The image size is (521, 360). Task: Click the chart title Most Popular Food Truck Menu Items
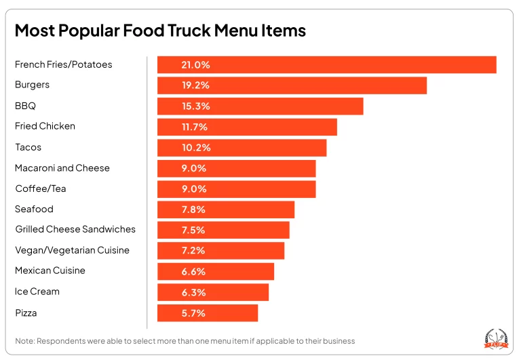pyautogui.click(x=160, y=31)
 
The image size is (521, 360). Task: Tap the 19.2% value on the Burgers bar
pyautogui.click(x=195, y=85)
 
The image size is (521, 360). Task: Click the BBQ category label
pyautogui.click(x=25, y=106)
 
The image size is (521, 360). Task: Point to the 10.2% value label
pyautogui.click(x=195, y=148)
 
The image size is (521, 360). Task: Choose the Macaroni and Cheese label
pyautogui.click(x=62, y=168)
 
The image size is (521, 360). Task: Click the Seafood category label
pyautogui.click(x=34, y=209)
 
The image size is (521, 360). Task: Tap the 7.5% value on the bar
pyautogui.click(x=193, y=231)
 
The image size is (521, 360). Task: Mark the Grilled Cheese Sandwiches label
pyautogui.click(x=75, y=230)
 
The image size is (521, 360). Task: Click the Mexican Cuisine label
pyautogui.click(x=50, y=271)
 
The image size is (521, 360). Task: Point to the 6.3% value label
pyautogui.click(x=193, y=292)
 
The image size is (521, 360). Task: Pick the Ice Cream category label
pyautogui.click(x=37, y=292)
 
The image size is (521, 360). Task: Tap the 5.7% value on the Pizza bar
pyautogui.click(x=193, y=313)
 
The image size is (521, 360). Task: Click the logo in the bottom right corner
pyautogui.click(x=494, y=338)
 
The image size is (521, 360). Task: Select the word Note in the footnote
pyautogui.click(x=25, y=340)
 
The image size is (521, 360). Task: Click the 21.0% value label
pyautogui.click(x=195, y=65)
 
